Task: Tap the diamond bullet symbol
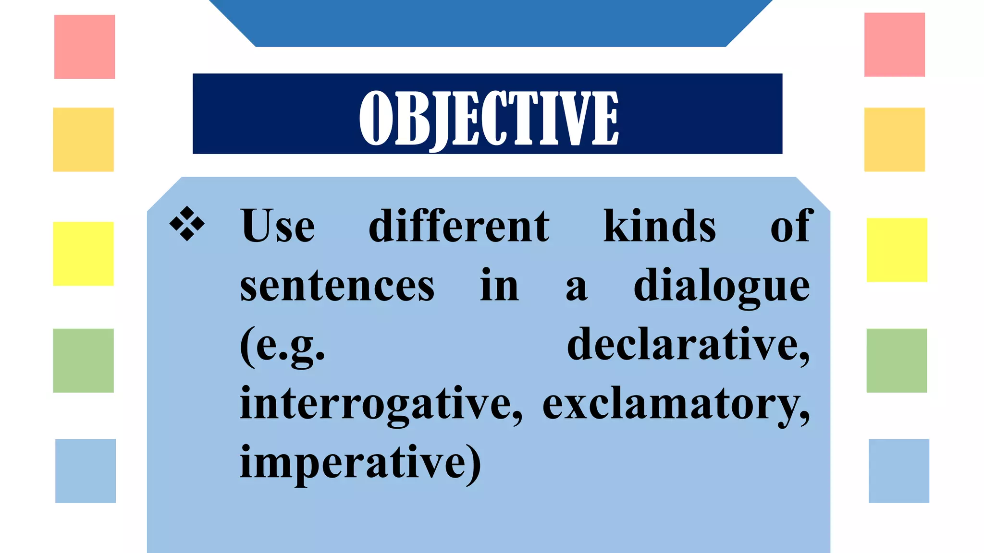coord(187,224)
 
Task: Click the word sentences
coord(337,286)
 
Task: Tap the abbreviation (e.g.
coord(283,346)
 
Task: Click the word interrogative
coord(381,404)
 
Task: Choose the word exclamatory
coord(676,404)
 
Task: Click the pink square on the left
coord(85,47)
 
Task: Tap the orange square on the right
coord(894,140)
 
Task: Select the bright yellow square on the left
coord(83,253)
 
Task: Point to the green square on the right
coord(897,361)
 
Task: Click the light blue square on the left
coord(86,470)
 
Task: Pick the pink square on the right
coord(894,45)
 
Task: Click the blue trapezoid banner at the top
coord(490,23)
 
